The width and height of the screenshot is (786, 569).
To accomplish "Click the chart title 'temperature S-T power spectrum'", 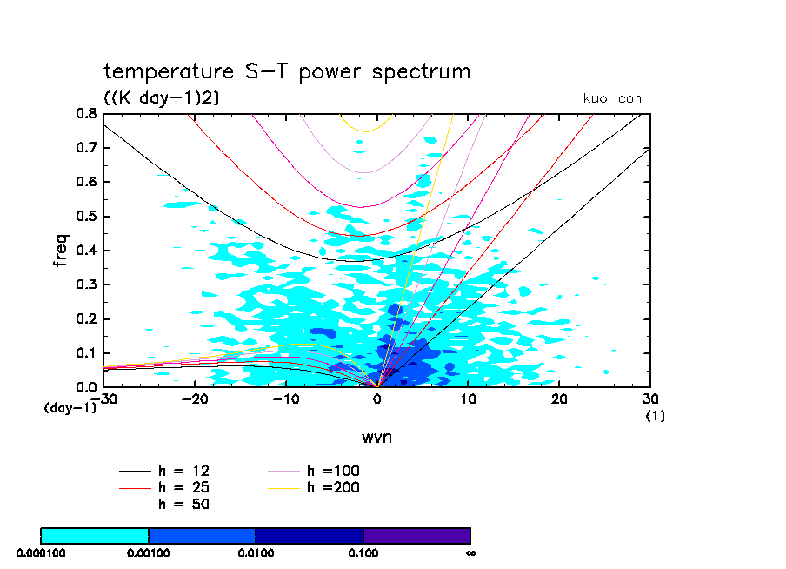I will (287, 71).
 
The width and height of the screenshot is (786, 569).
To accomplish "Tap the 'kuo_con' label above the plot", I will (612, 99).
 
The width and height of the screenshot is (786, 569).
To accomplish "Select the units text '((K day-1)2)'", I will (162, 98).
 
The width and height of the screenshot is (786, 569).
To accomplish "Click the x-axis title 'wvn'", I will (376, 437).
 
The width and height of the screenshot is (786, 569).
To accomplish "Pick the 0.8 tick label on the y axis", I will (85, 114).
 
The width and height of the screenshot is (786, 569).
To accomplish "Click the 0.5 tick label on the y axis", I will (85, 217).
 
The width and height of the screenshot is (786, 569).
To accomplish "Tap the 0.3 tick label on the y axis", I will (85, 284).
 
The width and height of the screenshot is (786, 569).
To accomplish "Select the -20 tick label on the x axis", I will (195, 398).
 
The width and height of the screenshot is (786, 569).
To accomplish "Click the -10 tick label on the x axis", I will (286, 398).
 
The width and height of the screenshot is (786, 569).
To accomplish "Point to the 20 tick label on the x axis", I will (559, 398).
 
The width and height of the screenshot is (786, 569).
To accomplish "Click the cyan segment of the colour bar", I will (95, 535).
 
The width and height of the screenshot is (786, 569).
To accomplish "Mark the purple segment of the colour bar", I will (416, 535).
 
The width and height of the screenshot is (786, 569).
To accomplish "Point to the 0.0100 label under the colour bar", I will (256, 552).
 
